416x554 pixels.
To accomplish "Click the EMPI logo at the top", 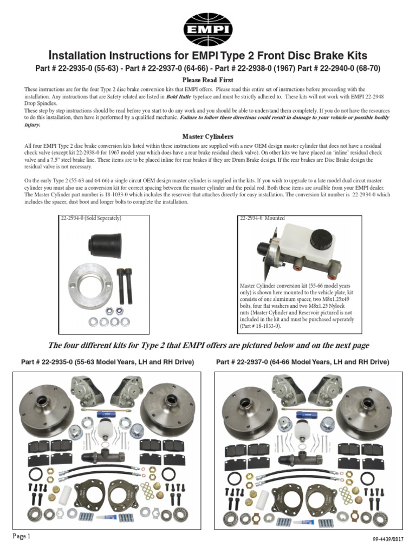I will pos(207,26).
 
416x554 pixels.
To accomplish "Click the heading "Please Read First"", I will pos(207,80).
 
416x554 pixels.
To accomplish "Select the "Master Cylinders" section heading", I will pos(207,136).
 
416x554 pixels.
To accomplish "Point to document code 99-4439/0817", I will pos(389,539).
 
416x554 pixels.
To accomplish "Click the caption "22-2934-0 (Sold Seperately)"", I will pos(90,218).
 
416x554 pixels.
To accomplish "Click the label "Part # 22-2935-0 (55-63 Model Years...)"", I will pos(107,361).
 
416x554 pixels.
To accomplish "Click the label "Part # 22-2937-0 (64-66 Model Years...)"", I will pos(302,361).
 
